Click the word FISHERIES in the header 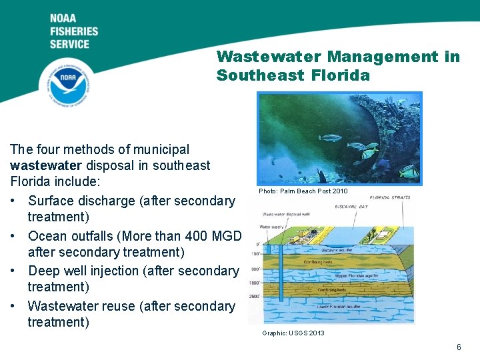pos(73,31)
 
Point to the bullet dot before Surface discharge pos(14,201)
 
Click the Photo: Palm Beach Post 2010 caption pos(303,191)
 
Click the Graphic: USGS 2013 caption pos(293,333)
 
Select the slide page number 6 pos(458,347)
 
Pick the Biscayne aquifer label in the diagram pos(340,250)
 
